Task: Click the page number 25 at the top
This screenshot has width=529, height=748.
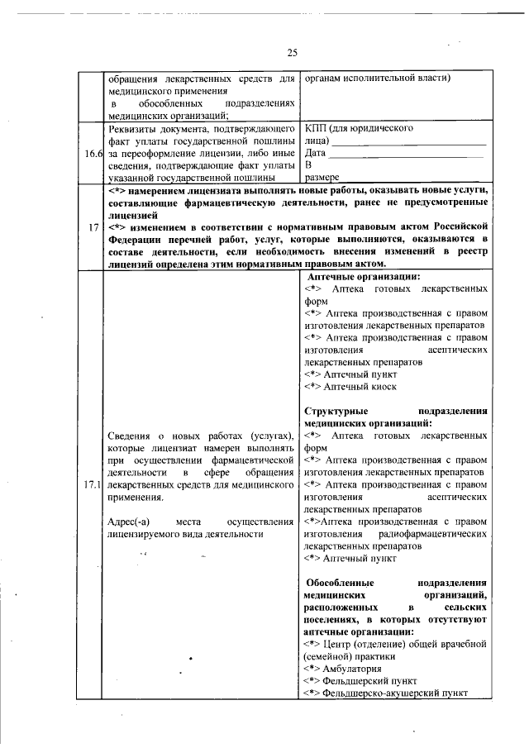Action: click(292, 53)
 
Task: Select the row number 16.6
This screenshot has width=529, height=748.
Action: click(93, 153)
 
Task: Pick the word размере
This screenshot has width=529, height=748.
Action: click(322, 177)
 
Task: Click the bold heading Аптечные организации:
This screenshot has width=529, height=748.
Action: click(363, 277)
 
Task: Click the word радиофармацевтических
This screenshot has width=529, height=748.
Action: click(436, 534)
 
